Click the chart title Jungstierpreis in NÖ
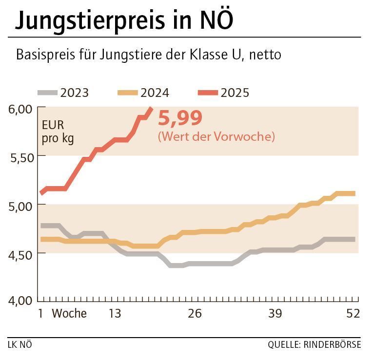click(x=124, y=21)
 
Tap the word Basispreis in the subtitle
click(x=44, y=55)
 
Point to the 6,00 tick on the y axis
click(x=20, y=108)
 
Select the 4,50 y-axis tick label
click(x=20, y=254)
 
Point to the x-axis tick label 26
click(x=195, y=314)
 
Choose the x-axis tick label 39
click(x=275, y=314)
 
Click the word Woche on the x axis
click(x=69, y=314)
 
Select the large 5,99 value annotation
click(x=180, y=118)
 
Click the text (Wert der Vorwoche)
click(x=216, y=137)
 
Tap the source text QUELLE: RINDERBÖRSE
click(x=314, y=345)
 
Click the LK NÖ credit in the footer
click(x=20, y=345)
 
